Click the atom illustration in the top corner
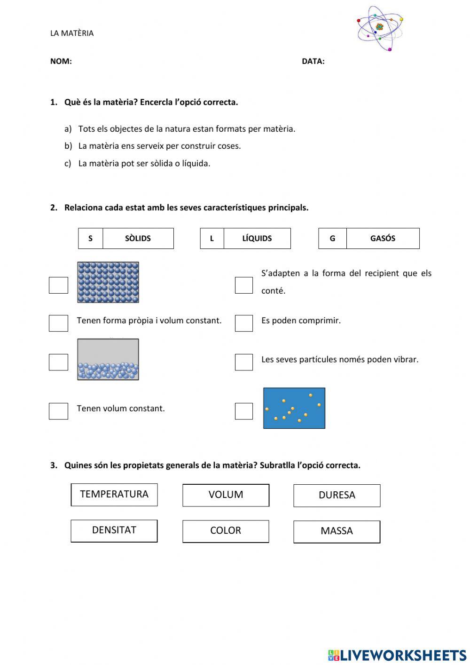point(380,28)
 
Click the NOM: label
point(61,61)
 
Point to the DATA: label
point(313,61)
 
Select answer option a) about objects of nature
point(186,128)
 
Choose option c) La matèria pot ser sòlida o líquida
point(144,163)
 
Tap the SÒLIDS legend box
point(138,238)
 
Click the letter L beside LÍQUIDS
point(212,238)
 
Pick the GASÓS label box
point(383,238)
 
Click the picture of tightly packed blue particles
point(108,282)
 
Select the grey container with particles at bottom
point(108,359)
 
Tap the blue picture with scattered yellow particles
point(294,408)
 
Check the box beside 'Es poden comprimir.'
point(244,323)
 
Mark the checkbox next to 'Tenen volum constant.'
point(58,411)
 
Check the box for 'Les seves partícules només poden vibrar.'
point(244,362)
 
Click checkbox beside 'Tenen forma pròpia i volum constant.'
point(58,323)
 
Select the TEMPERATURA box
point(114,495)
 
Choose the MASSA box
point(337,531)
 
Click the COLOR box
point(226,531)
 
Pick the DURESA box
point(337,495)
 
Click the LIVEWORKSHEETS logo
point(397,655)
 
